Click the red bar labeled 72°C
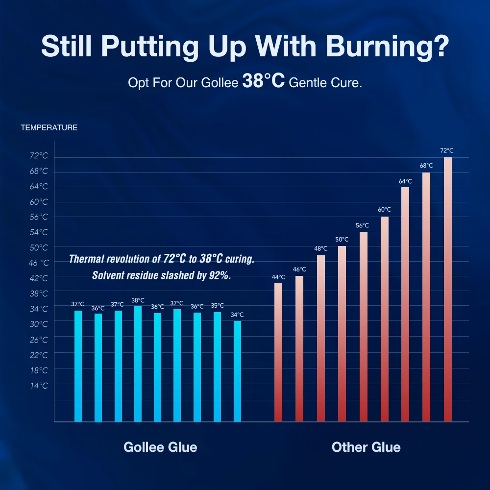(x=448, y=289)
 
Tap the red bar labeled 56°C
(x=363, y=326)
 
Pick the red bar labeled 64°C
(x=405, y=304)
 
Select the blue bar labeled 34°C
(x=237, y=371)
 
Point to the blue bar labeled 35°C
(x=217, y=367)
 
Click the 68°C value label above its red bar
(x=426, y=166)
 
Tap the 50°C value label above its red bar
(x=342, y=239)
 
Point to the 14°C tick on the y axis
(x=39, y=386)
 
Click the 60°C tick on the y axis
(x=39, y=202)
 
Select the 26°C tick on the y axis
(x=39, y=340)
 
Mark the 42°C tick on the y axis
(x=39, y=278)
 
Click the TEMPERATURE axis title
(x=49, y=128)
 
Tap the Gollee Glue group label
(x=160, y=447)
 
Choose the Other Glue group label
(x=366, y=447)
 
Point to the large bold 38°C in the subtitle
(x=264, y=81)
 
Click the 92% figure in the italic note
(x=220, y=275)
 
